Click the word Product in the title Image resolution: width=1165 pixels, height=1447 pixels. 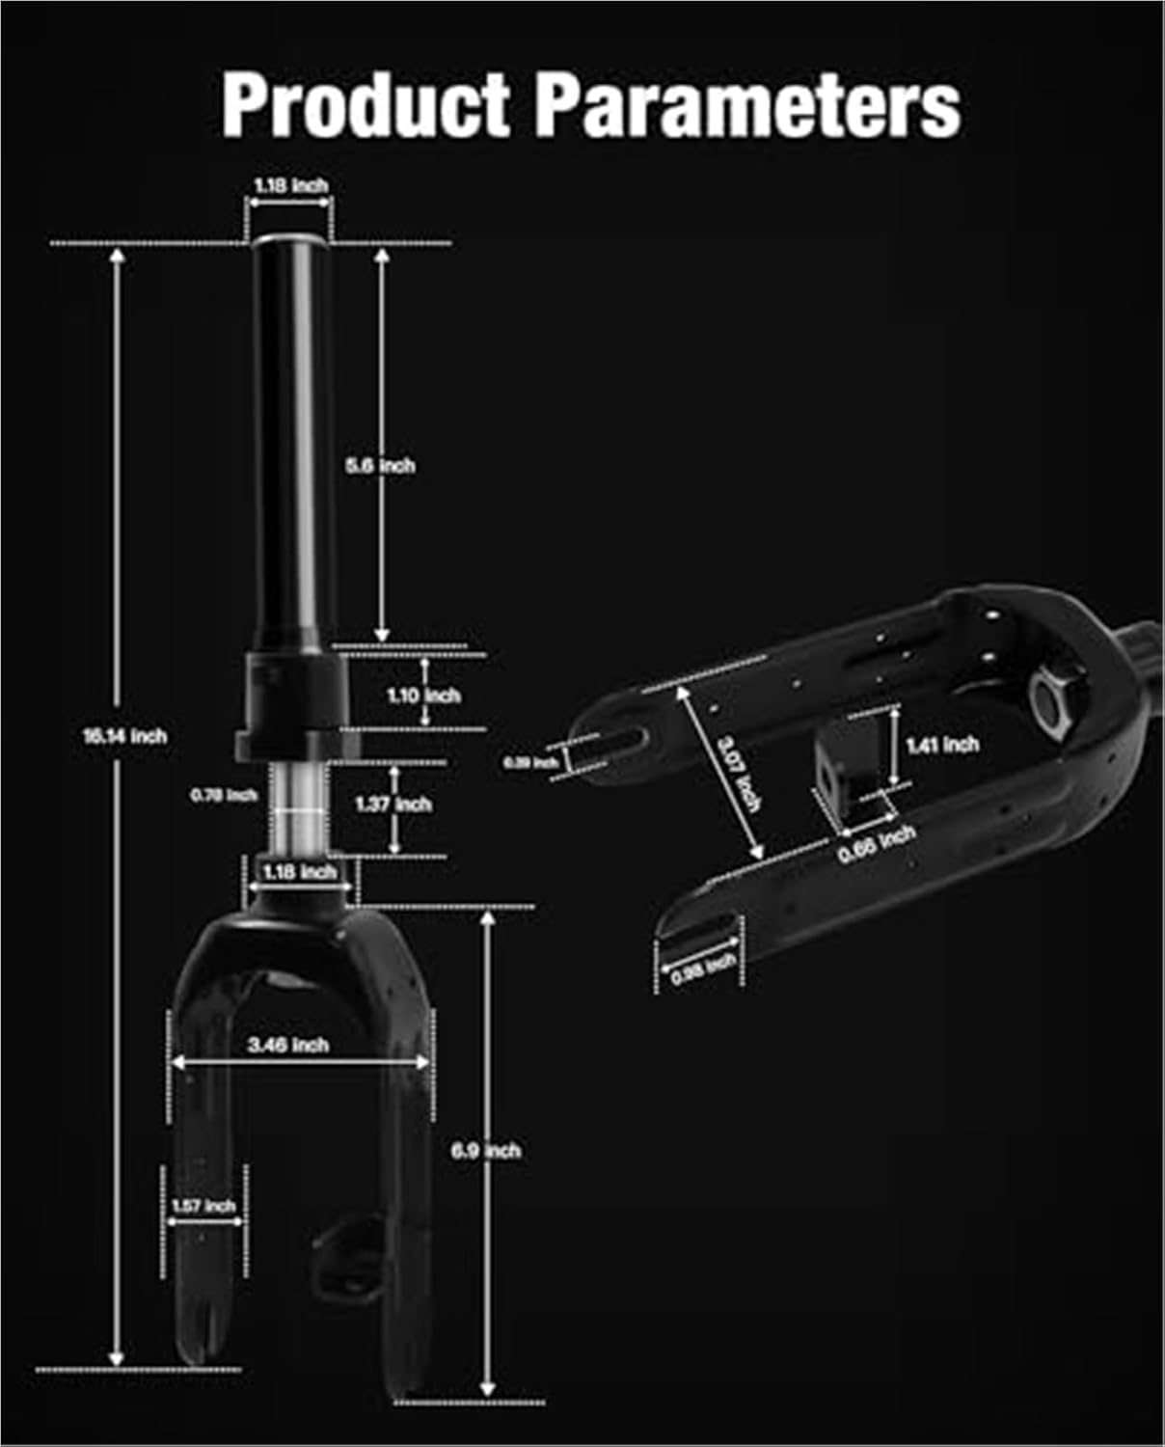(366, 105)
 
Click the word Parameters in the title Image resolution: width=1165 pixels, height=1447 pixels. (747, 105)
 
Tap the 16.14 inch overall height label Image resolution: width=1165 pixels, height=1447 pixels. (124, 736)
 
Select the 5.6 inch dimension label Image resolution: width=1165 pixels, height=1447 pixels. (380, 466)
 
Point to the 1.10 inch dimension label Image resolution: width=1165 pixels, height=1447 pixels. (423, 695)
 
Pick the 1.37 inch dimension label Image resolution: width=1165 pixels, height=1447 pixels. (393, 804)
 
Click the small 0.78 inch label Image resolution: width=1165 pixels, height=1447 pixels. (224, 795)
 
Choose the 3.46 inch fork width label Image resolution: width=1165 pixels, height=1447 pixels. (288, 1045)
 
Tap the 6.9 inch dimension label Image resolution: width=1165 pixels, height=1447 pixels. (486, 1151)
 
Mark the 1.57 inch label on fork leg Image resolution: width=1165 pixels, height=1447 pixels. (203, 1206)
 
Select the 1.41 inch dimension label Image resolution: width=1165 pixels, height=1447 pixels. (942, 745)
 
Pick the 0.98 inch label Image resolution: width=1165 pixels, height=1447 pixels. (703, 969)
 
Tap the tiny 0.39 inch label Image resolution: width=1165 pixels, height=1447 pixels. (530, 762)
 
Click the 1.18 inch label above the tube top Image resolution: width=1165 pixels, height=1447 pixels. (291, 185)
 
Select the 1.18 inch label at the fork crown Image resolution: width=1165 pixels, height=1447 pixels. (300, 872)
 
